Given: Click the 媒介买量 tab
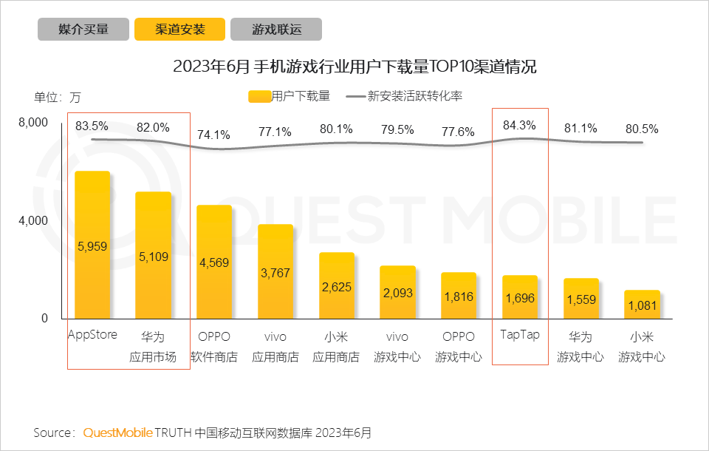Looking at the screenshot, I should tap(83, 30).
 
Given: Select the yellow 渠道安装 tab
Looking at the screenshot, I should tap(179, 30).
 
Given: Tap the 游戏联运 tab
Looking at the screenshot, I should tap(275, 30).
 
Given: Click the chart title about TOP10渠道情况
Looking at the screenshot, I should tap(354, 67).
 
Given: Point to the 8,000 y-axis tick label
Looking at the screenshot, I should tap(32, 123).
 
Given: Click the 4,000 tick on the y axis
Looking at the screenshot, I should tap(32, 220).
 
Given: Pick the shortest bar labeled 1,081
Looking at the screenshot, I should tap(642, 305).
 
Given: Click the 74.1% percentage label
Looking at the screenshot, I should tap(213, 135).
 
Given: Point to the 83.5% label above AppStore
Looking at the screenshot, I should tap(92, 126).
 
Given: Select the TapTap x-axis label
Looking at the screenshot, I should tap(520, 334).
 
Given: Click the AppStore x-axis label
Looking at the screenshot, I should tap(92, 334).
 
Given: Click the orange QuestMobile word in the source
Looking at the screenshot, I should tap(117, 433).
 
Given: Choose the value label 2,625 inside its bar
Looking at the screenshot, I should tap(338, 287).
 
